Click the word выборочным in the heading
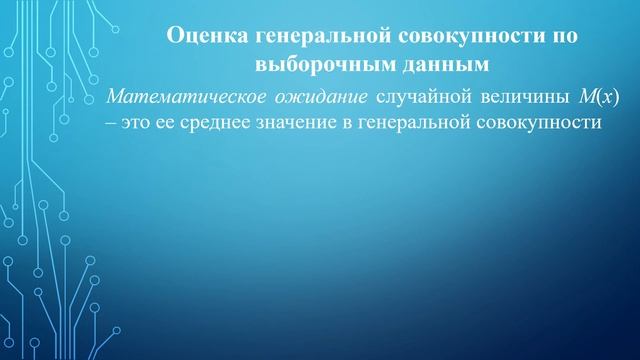(311, 67)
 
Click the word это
(138, 122)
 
